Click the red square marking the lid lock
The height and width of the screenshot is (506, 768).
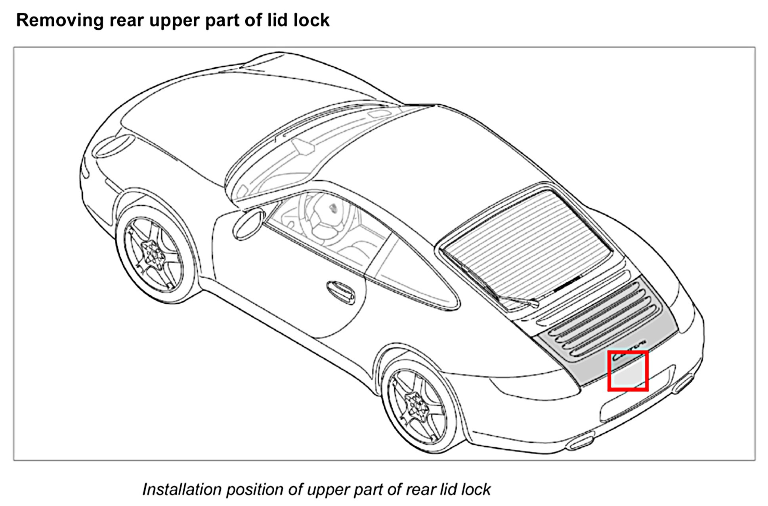click(628, 371)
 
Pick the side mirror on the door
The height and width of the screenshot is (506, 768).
click(248, 225)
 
